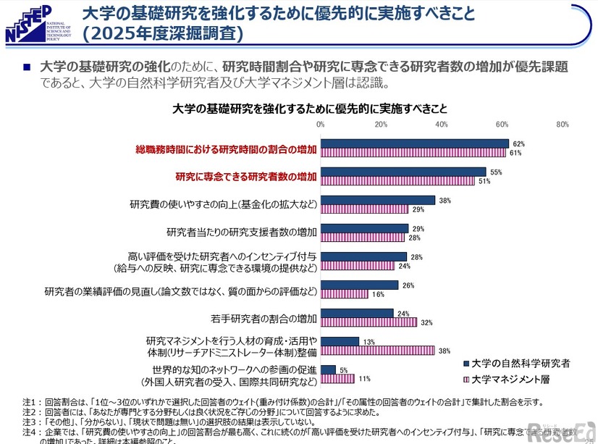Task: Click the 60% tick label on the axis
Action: [502, 125]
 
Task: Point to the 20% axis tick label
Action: [381, 125]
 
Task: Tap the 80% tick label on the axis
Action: [563, 125]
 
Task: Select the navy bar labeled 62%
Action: [414, 143]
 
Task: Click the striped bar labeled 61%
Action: [413, 153]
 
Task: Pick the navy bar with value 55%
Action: [403, 172]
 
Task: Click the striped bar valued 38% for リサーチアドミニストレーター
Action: [377, 351]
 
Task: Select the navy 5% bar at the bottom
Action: [328, 369]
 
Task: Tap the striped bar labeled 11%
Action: [337, 379]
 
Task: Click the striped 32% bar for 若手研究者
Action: [369, 322]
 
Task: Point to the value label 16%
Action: [378, 295]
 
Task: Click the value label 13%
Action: [369, 342]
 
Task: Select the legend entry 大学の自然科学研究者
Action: [519, 363]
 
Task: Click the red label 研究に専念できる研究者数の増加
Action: [246, 176]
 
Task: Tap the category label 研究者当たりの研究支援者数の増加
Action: [241, 233]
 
